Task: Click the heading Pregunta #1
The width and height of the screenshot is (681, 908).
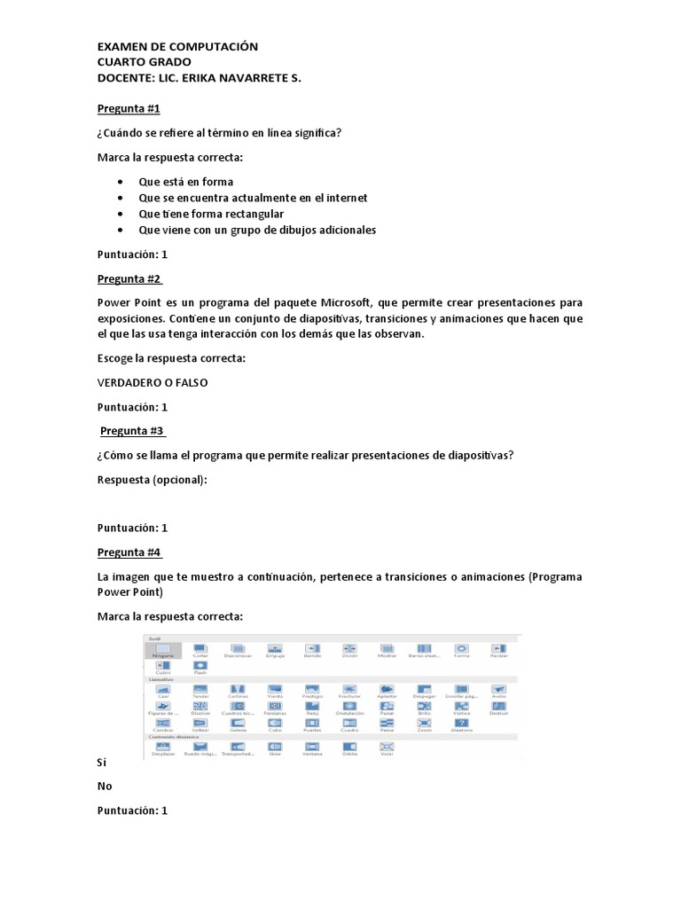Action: pos(129,109)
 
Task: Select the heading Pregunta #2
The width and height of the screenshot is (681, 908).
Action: pos(129,278)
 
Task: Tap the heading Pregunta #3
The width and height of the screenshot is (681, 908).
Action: pos(132,431)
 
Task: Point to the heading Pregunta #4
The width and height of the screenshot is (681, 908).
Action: pos(129,552)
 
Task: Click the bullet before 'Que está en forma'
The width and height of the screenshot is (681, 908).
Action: pos(120,183)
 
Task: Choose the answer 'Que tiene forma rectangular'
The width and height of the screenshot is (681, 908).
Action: pos(211,214)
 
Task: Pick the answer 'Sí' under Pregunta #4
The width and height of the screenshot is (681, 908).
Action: pos(102,762)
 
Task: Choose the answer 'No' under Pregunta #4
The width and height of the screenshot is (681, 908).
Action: pos(105,786)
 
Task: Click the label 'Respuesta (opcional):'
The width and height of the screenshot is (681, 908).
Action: pos(152,480)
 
